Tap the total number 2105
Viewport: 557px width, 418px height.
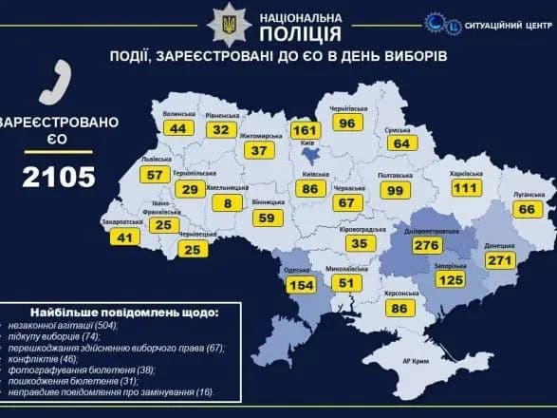[x=60, y=177]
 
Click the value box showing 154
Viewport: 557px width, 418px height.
[x=301, y=285]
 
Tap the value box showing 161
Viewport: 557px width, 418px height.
[x=303, y=129]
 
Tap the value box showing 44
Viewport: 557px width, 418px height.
[x=177, y=128]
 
